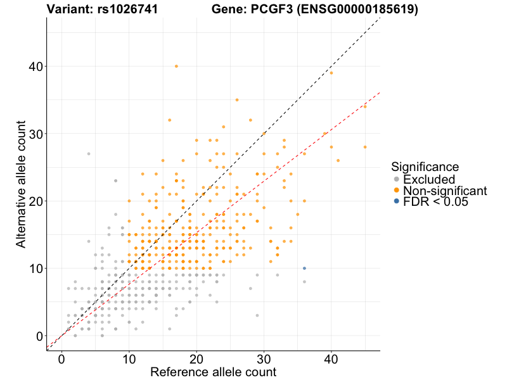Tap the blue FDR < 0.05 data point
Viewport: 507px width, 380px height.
pos(304,269)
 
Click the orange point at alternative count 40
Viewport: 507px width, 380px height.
pos(176,66)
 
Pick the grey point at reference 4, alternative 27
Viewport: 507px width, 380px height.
pos(89,154)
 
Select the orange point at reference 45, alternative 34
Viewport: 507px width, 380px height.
pos(365,106)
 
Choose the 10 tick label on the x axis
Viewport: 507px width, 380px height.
pos(129,358)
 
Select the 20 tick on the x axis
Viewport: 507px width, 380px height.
pos(196,358)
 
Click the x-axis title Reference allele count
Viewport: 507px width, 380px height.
pos(213,372)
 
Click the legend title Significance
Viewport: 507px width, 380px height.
pos(425,167)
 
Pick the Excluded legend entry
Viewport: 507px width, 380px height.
pos(429,179)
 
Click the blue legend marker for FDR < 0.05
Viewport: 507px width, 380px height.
pos(397,201)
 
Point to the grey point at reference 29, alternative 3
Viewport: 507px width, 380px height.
pos(257,315)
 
